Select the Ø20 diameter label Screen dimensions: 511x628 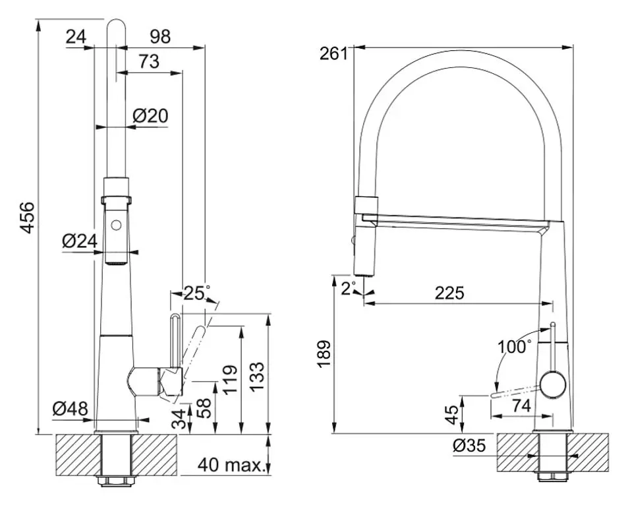pos(150,115)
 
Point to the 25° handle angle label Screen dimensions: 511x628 pos(197,293)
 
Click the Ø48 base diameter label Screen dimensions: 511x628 pos(70,409)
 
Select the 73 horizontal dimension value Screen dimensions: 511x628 pos(148,61)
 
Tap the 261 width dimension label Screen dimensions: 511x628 pos(333,53)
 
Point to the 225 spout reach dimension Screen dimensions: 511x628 pos(449,293)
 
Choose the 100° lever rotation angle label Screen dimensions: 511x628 pos(515,346)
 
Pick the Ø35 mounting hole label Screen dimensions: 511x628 pos(469,446)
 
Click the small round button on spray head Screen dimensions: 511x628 pos(118,225)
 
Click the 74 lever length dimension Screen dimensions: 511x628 pos(521,407)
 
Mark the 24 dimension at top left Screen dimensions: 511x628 pos(76,37)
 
